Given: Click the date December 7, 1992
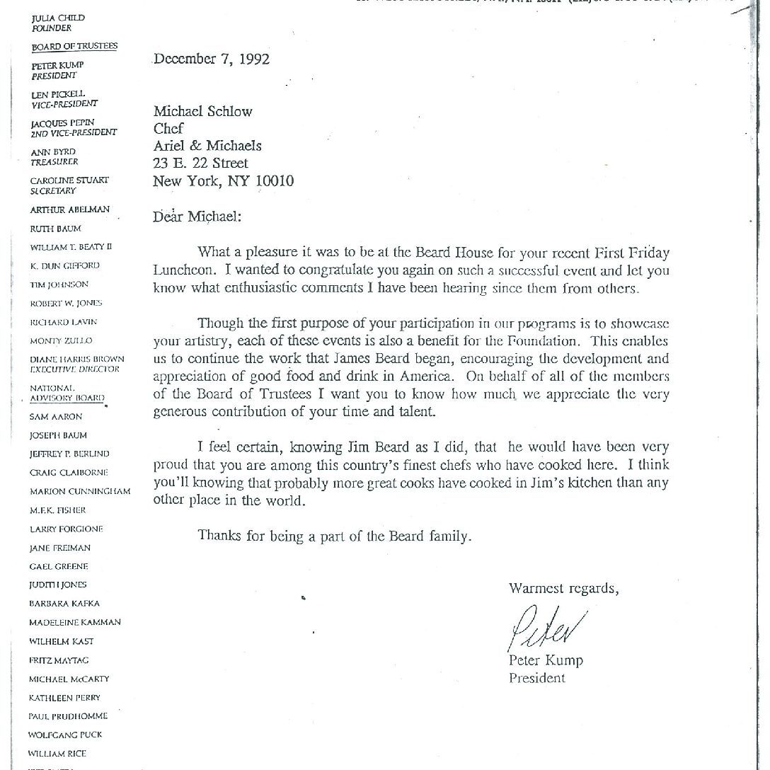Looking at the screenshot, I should (x=212, y=59).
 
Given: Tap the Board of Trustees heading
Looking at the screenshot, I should (x=74, y=47).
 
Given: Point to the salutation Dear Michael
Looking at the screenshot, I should (x=197, y=217).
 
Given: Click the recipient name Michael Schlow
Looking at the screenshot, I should (x=202, y=111).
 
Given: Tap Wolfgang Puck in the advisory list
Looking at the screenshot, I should (x=66, y=735).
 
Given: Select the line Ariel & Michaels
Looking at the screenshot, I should (x=207, y=146).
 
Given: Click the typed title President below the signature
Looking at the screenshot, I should (x=537, y=678).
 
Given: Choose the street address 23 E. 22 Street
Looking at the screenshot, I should (x=201, y=163).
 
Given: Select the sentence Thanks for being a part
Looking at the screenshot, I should (x=334, y=536).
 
